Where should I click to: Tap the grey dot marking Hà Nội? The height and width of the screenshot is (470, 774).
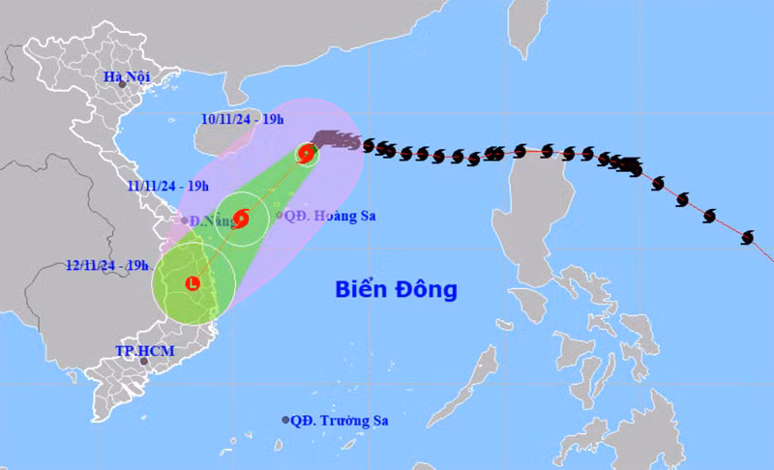pos(123,84)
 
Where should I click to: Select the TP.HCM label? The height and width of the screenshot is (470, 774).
pos(145,350)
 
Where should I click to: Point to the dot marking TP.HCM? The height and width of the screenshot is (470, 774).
pos(144,363)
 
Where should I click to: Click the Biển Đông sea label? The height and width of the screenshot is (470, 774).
pos(396,289)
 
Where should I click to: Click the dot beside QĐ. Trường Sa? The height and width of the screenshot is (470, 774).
pos(285,420)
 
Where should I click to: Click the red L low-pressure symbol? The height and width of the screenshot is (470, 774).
pos(193,283)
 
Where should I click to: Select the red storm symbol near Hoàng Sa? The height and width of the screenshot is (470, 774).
pos(241,219)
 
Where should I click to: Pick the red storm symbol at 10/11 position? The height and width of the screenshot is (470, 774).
pos(307,153)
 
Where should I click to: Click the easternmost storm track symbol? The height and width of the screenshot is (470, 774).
pos(747,237)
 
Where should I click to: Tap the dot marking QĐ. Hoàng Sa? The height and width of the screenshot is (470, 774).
pos(279,216)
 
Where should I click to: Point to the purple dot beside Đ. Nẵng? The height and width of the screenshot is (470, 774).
pos(185,220)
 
